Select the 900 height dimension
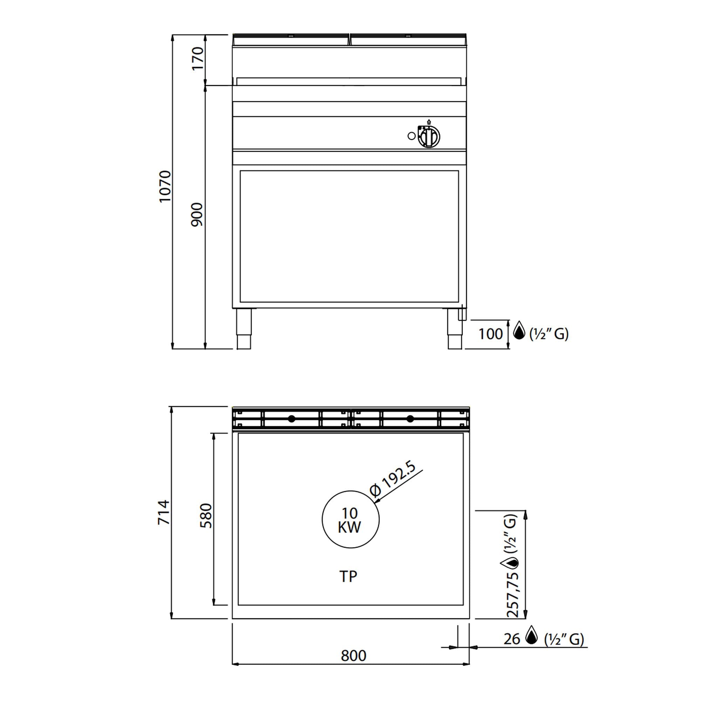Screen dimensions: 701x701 click(197, 215)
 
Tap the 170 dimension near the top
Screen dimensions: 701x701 click(198, 59)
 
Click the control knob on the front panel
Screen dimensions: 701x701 click(429, 137)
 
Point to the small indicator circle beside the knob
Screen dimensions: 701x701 click(411, 136)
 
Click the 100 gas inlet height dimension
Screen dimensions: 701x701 click(490, 334)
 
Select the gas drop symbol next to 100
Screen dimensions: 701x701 click(519, 330)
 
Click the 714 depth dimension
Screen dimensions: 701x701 click(164, 512)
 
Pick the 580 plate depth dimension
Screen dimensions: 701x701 click(206, 516)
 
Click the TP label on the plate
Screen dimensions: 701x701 click(348, 576)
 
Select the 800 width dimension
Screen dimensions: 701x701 click(353, 666)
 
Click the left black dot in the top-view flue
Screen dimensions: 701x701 click(291, 419)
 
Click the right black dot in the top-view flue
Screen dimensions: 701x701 click(410, 419)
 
